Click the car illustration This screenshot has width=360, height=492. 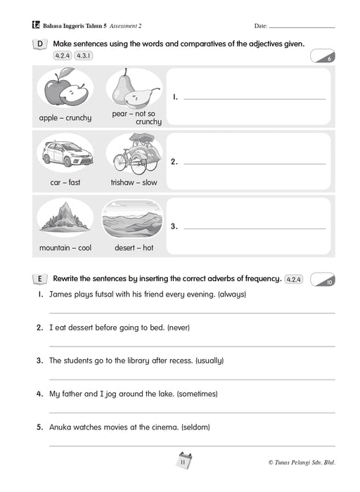coord(67,154)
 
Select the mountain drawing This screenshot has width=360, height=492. coord(65,216)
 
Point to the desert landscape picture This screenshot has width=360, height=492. coord(132,219)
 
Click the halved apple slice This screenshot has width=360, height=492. coord(74,95)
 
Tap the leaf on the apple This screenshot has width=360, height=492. coord(67,72)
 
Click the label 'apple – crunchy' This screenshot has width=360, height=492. coord(65,118)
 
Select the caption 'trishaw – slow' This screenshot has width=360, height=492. coord(134,182)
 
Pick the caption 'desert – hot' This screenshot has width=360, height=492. coord(134,247)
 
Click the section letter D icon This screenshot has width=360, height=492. coord(40,44)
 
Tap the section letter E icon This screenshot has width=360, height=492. coord(40,278)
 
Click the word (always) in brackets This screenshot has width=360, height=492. coord(232,294)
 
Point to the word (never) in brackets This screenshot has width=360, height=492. coord(179,328)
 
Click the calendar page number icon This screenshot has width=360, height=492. coord(184,461)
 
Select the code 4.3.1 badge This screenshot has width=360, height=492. coord(84,56)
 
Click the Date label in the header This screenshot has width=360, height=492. coord(261,26)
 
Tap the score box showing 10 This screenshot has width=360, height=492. coord(323,279)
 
